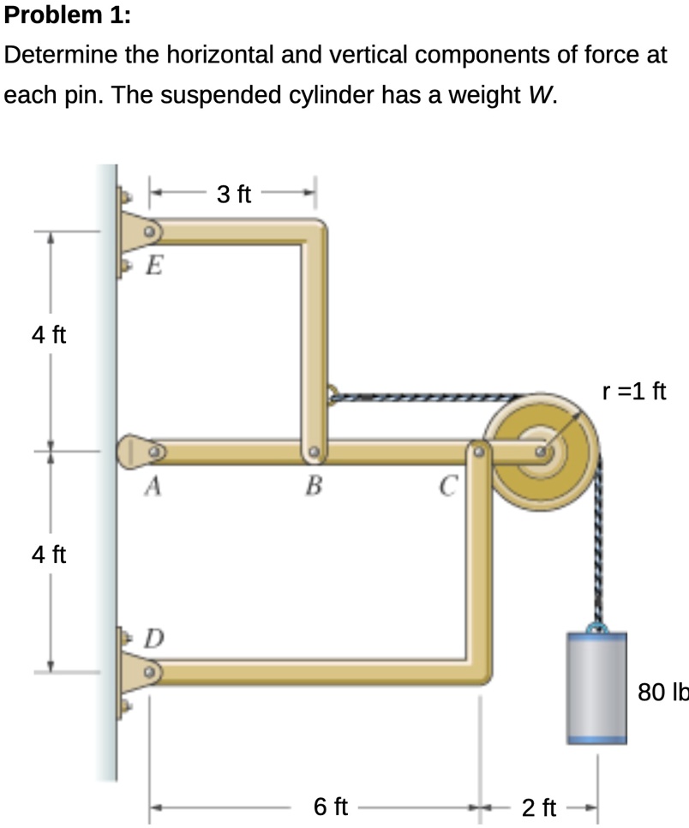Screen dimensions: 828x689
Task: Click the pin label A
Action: (x=153, y=487)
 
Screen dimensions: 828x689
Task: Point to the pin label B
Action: (x=314, y=488)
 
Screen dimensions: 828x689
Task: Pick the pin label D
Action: (x=153, y=639)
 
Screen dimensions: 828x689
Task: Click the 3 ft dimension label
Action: (x=233, y=195)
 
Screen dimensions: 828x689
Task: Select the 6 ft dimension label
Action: (x=331, y=807)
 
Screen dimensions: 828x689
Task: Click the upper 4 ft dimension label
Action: (x=49, y=334)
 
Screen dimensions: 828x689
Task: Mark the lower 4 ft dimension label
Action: (x=49, y=555)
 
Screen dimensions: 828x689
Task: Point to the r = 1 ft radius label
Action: (x=634, y=392)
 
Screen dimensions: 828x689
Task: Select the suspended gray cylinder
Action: (x=596, y=686)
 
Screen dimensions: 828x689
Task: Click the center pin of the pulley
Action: (x=542, y=451)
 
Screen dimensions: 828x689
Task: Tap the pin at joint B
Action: (x=315, y=451)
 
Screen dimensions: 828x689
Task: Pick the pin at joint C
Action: (x=479, y=449)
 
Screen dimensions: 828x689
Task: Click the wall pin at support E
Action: (x=149, y=231)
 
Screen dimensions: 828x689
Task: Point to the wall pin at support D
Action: (x=149, y=671)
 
